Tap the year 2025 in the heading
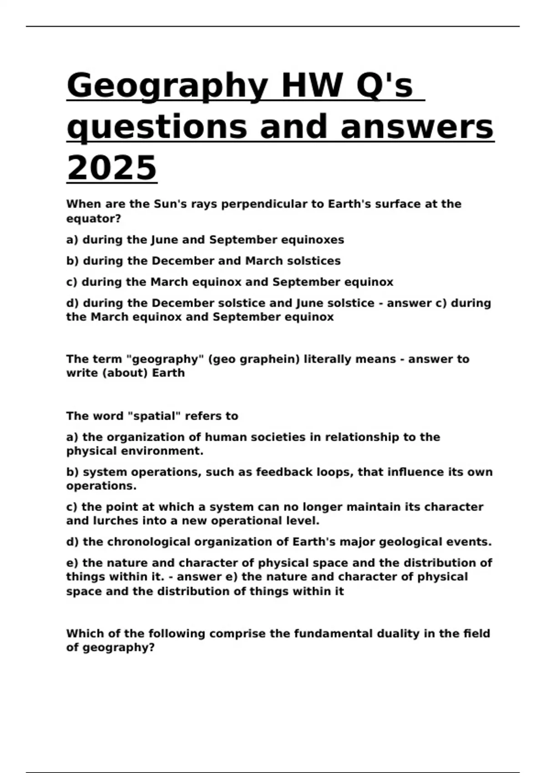click(111, 168)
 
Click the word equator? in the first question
click(94, 219)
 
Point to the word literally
click(327, 359)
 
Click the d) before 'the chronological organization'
click(73, 542)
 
